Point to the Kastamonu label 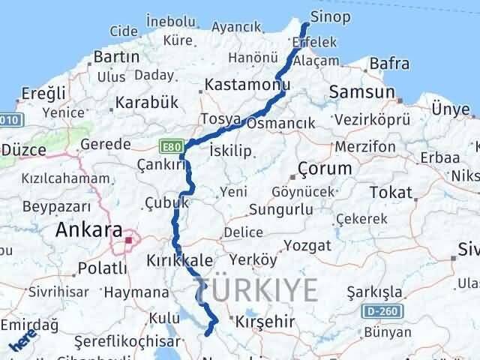(247, 85)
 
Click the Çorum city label (325, 167)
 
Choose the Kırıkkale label (180, 260)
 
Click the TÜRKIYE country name (256, 287)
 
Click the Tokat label (391, 192)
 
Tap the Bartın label (117, 56)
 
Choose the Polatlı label (103, 268)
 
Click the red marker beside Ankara (129, 241)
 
